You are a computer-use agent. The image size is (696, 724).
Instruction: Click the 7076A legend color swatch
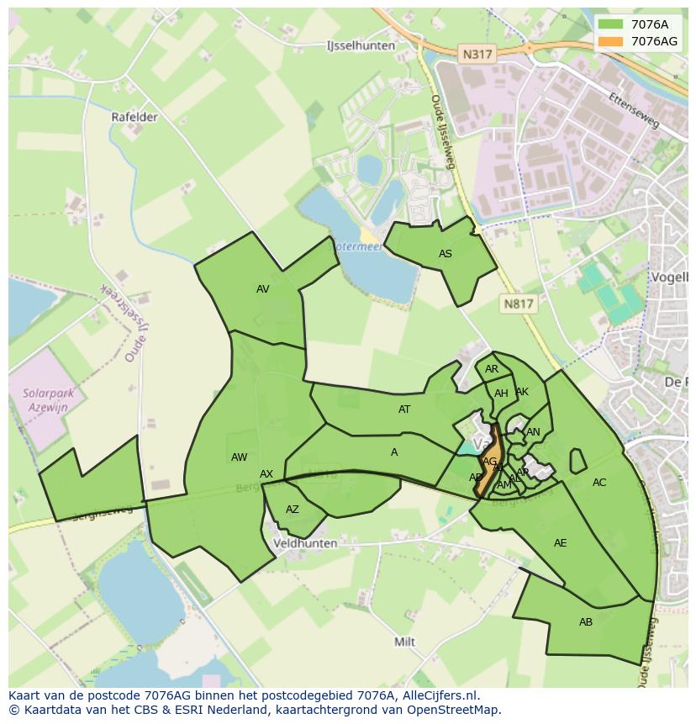(x=611, y=25)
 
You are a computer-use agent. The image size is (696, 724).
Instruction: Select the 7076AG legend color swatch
(x=611, y=41)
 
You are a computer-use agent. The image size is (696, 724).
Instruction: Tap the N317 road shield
(x=477, y=54)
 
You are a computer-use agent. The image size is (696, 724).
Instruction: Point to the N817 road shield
(x=519, y=304)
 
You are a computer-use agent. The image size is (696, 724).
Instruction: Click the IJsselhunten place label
(x=360, y=46)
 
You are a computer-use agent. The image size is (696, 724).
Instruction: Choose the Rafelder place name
(x=134, y=117)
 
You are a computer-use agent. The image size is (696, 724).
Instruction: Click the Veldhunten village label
(x=305, y=543)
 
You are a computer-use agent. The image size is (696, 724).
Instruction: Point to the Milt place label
(x=405, y=642)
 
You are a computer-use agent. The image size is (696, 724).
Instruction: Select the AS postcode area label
(x=446, y=254)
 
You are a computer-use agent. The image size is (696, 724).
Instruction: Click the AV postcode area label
(x=263, y=289)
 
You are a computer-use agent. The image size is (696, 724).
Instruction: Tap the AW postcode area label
(x=240, y=457)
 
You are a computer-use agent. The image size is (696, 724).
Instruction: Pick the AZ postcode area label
(x=293, y=510)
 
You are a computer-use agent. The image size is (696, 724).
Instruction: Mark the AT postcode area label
(x=404, y=410)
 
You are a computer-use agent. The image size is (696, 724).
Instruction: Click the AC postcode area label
(x=599, y=483)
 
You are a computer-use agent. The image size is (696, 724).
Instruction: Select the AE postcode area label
(x=561, y=543)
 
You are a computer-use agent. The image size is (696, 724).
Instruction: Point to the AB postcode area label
(x=586, y=622)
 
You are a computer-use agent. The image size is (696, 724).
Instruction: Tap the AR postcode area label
(x=492, y=369)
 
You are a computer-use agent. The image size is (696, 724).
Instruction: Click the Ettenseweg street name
(x=636, y=110)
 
